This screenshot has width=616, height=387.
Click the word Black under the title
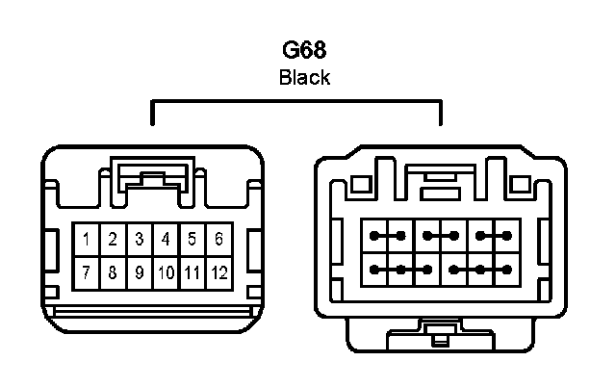click(304, 78)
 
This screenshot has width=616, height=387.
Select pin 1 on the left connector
click(87, 239)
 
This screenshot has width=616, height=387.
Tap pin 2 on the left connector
click(113, 239)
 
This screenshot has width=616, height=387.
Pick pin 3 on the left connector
click(140, 239)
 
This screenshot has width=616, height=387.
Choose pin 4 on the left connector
click(166, 239)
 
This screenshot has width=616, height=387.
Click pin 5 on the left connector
click(192, 239)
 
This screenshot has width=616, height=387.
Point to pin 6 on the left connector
click(218, 239)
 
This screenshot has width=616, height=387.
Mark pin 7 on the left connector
click(87, 273)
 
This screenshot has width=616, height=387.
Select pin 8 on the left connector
click(113, 273)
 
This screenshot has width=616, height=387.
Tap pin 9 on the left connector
click(140, 273)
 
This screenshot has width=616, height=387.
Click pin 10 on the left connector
click(166, 273)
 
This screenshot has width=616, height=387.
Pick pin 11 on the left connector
click(192, 273)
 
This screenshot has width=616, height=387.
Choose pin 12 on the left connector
click(218, 273)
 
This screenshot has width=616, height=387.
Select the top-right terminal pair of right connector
click(493, 235)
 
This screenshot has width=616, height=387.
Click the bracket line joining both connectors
click(296, 98)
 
